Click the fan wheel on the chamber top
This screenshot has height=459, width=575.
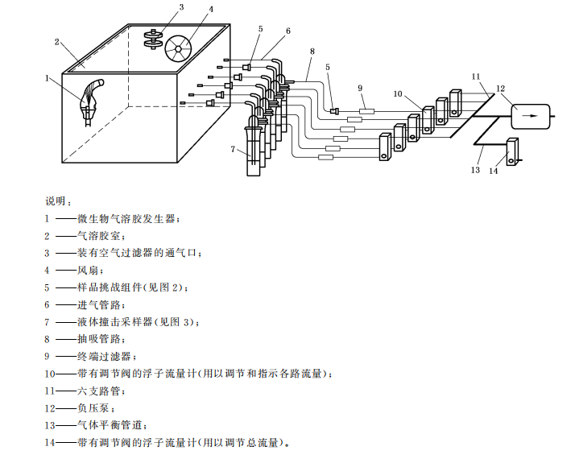point(178,48)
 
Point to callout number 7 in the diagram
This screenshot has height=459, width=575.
point(233,149)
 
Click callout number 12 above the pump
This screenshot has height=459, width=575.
point(500,89)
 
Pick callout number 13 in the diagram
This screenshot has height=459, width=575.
point(475,170)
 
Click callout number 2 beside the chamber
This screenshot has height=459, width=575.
point(56,42)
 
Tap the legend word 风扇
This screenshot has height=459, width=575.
point(88,270)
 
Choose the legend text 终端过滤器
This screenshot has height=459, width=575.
point(106,356)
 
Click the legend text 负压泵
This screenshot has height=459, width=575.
point(94,408)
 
